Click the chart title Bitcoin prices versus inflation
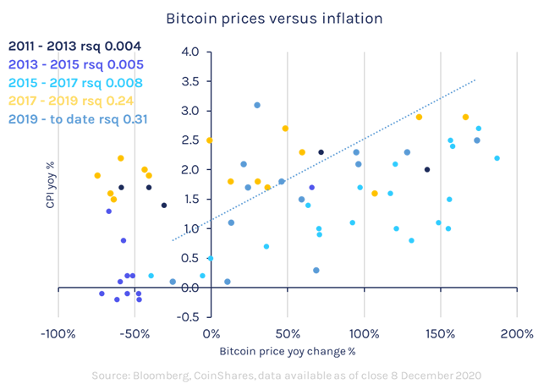[x=274, y=18]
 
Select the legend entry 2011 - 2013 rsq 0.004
[x=75, y=47]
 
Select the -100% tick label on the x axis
[x=58, y=332]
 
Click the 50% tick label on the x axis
[x=287, y=332]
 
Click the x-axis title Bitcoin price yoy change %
[x=288, y=350]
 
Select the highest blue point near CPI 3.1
[x=257, y=106]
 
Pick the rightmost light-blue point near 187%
[x=497, y=158]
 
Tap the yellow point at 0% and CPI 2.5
[x=210, y=140]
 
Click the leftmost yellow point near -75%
[x=97, y=176]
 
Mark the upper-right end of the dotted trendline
[x=475, y=80]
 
